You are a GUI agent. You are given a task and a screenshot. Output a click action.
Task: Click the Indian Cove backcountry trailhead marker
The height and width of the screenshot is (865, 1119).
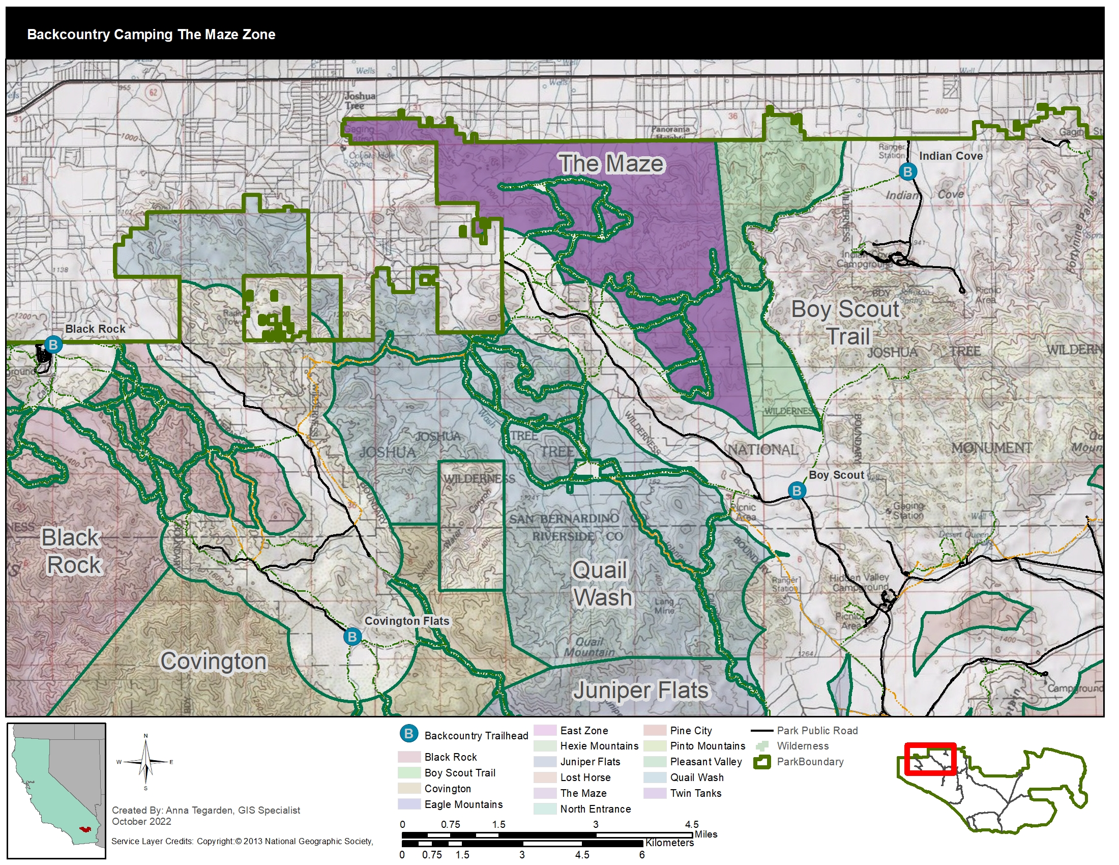coord(907,171)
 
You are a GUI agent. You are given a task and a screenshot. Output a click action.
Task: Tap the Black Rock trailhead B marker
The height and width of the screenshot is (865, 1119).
coord(53,344)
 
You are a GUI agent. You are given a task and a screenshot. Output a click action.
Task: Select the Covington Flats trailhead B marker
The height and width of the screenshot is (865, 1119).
coord(352,637)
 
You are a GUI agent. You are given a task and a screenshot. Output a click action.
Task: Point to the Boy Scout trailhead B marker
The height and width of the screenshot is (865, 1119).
coord(796,491)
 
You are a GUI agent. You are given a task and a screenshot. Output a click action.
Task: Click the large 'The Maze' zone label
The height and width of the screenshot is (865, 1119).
coord(611,164)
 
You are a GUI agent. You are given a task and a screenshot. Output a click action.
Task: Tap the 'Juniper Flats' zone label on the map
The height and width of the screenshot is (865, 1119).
coord(640,690)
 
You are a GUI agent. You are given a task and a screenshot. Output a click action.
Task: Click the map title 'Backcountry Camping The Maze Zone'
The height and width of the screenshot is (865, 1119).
coord(151,34)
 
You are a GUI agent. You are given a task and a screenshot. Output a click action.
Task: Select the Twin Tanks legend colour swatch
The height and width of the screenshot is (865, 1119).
coord(654,793)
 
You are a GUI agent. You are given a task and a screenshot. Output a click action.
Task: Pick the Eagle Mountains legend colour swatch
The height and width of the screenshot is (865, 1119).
coord(409,804)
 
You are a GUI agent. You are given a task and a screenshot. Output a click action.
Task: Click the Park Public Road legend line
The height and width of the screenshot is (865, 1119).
coord(761,731)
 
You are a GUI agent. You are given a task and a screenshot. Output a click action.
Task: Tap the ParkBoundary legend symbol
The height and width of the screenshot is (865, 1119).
coord(762,762)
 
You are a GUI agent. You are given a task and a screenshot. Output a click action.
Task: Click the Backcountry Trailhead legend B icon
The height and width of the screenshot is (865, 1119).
coord(409,734)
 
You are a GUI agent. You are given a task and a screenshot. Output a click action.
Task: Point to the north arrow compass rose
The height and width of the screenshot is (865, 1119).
coord(145,762)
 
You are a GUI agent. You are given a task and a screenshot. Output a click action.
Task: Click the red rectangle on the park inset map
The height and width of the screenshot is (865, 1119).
coord(930,759)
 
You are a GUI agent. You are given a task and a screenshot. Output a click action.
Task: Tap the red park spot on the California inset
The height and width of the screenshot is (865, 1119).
coord(84,828)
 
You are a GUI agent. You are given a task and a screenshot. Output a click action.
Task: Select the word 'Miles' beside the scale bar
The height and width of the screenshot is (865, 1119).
coord(706,834)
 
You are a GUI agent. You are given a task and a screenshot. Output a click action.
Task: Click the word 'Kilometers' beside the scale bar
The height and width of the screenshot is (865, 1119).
coord(669,843)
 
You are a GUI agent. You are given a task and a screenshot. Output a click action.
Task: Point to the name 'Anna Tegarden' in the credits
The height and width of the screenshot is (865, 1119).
coord(195,810)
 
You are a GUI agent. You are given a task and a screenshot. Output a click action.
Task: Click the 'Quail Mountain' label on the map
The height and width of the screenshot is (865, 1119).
coord(589,647)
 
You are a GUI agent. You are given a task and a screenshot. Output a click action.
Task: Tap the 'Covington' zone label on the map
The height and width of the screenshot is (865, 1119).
coord(214,661)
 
